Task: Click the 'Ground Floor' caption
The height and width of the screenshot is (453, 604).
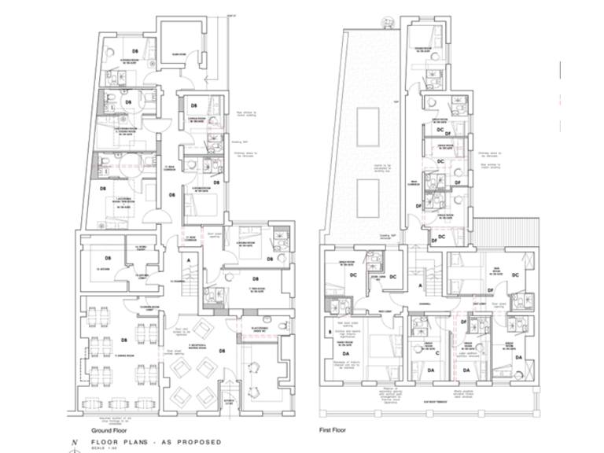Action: coord(109,430)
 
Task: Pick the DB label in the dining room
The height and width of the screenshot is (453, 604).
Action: coord(124,341)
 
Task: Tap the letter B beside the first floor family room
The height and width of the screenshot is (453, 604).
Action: coord(330,332)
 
